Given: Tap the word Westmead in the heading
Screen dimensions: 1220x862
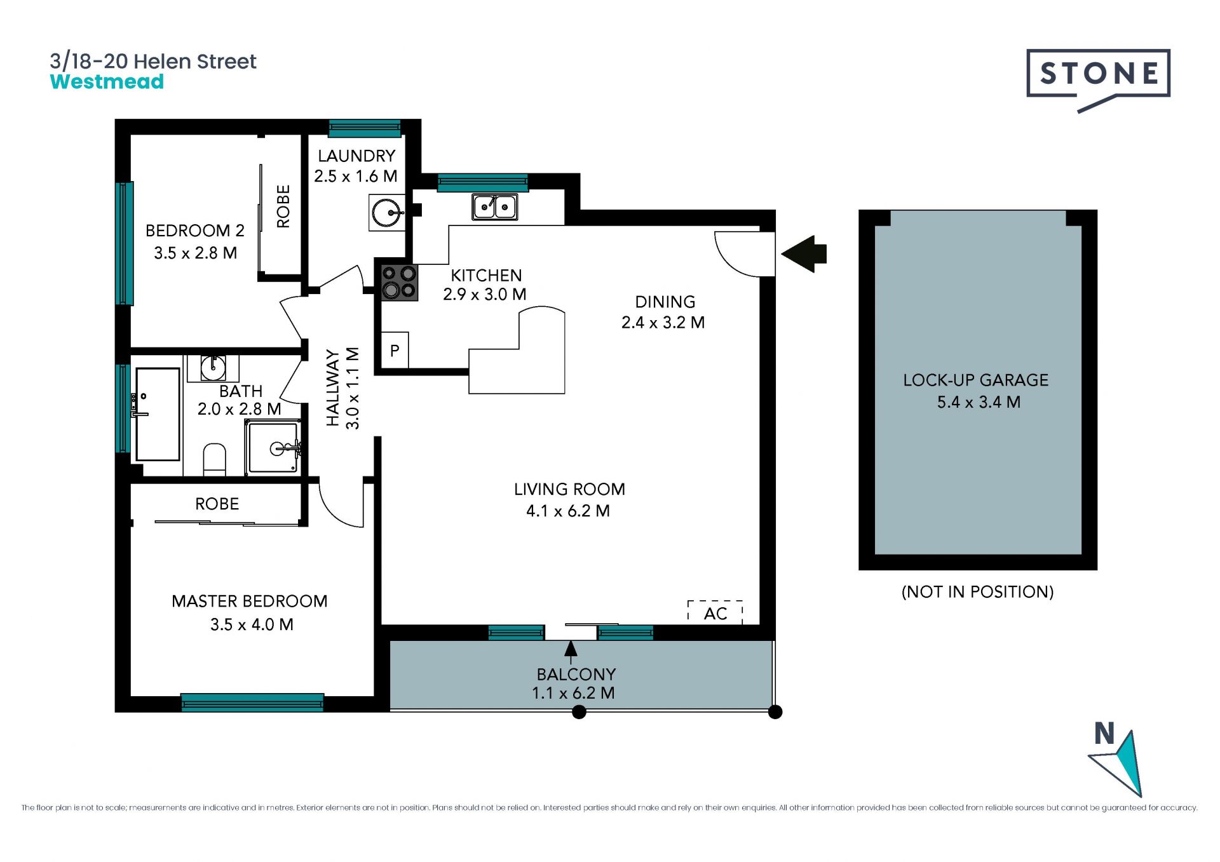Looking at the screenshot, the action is click(107, 82).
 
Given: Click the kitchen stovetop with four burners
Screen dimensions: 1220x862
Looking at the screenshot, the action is click(399, 282).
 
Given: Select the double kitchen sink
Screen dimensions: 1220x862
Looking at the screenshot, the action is click(494, 206).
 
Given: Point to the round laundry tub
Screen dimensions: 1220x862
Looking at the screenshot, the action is click(387, 213).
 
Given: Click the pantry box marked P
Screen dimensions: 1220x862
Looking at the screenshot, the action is click(395, 350).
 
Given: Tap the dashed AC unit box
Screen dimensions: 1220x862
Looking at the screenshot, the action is click(715, 612).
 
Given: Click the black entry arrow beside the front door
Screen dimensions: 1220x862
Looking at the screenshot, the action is click(804, 254).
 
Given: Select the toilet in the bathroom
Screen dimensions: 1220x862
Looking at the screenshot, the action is click(214, 459).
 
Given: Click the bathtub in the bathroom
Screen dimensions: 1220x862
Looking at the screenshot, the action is click(158, 414).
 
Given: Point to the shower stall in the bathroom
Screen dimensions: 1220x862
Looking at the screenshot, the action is click(273, 447).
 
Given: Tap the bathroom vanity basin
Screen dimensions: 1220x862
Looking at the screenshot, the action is click(213, 368).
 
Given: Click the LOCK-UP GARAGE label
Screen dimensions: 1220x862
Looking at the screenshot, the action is click(976, 380).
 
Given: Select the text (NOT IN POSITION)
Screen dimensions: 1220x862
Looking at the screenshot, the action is click(977, 592).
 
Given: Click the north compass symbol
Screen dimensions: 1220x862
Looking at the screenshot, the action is click(1117, 761).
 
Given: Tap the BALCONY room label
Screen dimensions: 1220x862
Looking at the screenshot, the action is click(576, 674).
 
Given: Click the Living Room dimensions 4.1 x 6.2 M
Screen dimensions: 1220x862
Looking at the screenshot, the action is click(568, 511).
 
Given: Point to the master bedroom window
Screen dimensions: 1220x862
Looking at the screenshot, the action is click(252, 702).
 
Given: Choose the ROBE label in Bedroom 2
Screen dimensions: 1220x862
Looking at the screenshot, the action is click(283, 206).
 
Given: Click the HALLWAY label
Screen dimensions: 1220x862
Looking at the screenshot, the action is click(332, 387).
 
